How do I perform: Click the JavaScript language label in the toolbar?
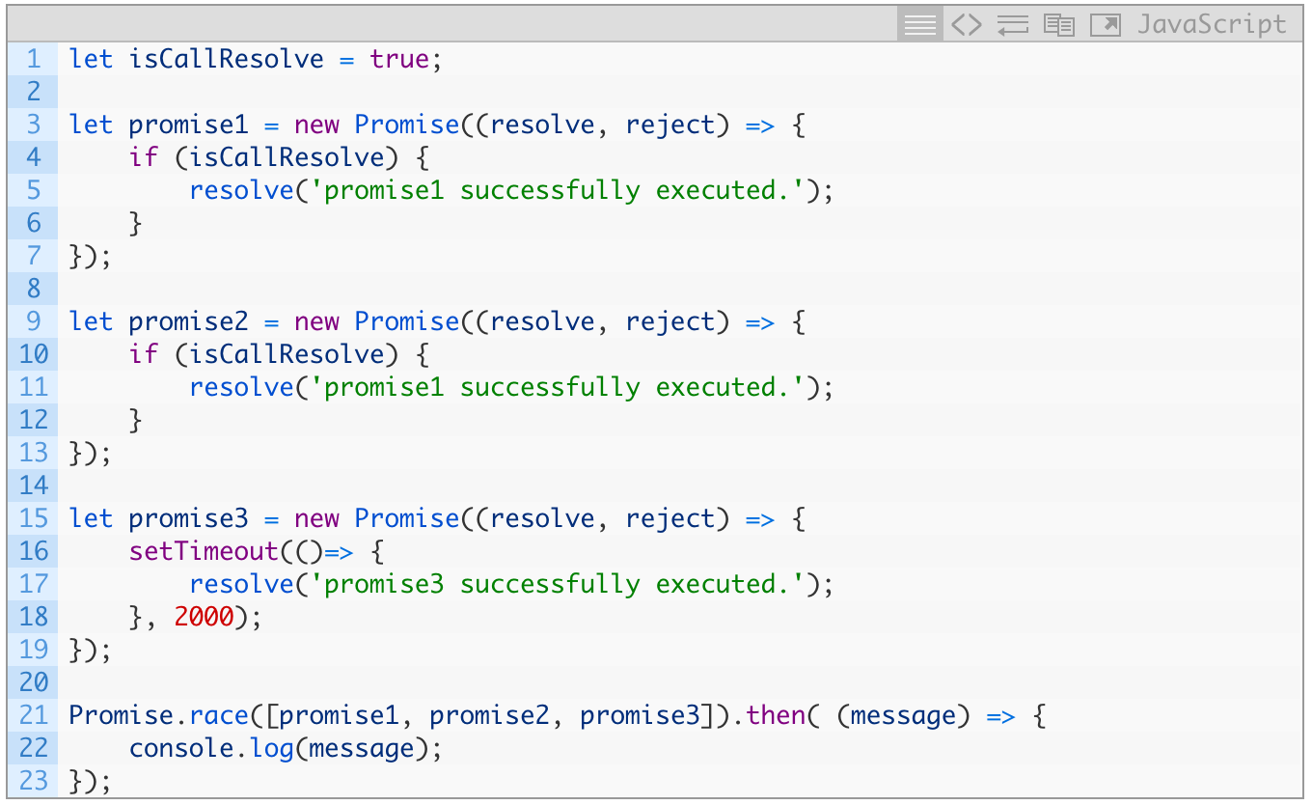click(x=1212, y=24)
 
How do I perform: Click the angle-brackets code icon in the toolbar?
click(x=966, y=24)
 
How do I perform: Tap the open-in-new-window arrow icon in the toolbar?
click(x=1105, y=24)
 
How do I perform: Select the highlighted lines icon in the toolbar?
click(x=919, y=24)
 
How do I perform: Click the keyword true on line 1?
click(x=399, y=59)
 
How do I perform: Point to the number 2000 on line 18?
click(x=205, y=617)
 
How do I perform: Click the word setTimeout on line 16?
click(x=204, y=551)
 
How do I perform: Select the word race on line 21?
click(x=219, y=715)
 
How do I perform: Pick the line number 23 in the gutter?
click(x=33, y=781)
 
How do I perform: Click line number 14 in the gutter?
click(x=33, y=486)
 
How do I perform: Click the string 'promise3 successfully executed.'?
click(x=564, y=584)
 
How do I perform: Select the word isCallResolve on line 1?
click(x=226, y=59)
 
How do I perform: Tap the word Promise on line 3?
click(x=407, y=125)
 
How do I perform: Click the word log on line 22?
click(x=272, y=748)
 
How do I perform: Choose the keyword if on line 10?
click(x=143, y=354)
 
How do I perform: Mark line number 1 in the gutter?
click(x=34, y=59)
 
